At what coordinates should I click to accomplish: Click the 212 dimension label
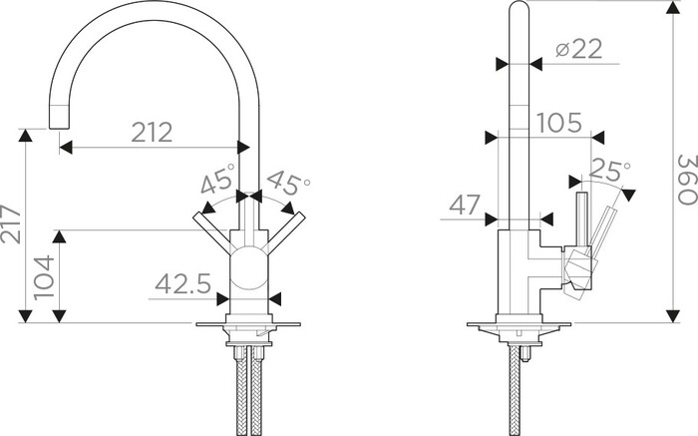(152, 133)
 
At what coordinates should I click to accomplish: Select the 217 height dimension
(11, 224)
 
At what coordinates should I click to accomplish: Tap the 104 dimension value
(44, 277)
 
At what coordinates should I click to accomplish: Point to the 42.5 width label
(182, 283)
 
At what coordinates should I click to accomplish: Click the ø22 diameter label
(578, 49)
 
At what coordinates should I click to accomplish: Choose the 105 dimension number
(559, 123)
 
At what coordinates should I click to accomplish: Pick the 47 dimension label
(465, 205)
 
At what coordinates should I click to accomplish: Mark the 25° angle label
(609, 170)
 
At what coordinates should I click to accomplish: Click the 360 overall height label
(687, 180)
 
